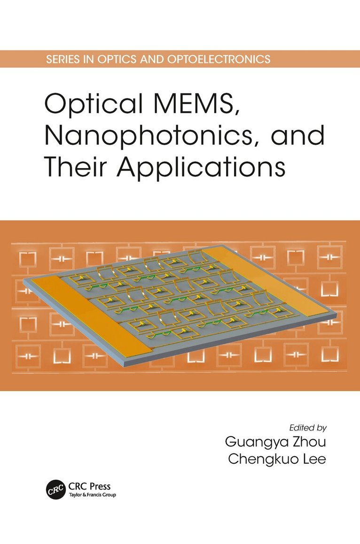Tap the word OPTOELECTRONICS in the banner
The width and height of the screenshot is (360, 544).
pos(219,59)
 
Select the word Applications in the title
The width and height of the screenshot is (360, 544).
pos(201,168)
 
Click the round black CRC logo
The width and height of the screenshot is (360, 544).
pos(56,490)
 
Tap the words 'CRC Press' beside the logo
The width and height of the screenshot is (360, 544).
pos(90,486)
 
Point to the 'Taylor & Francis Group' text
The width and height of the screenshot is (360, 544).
pos(92,495)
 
